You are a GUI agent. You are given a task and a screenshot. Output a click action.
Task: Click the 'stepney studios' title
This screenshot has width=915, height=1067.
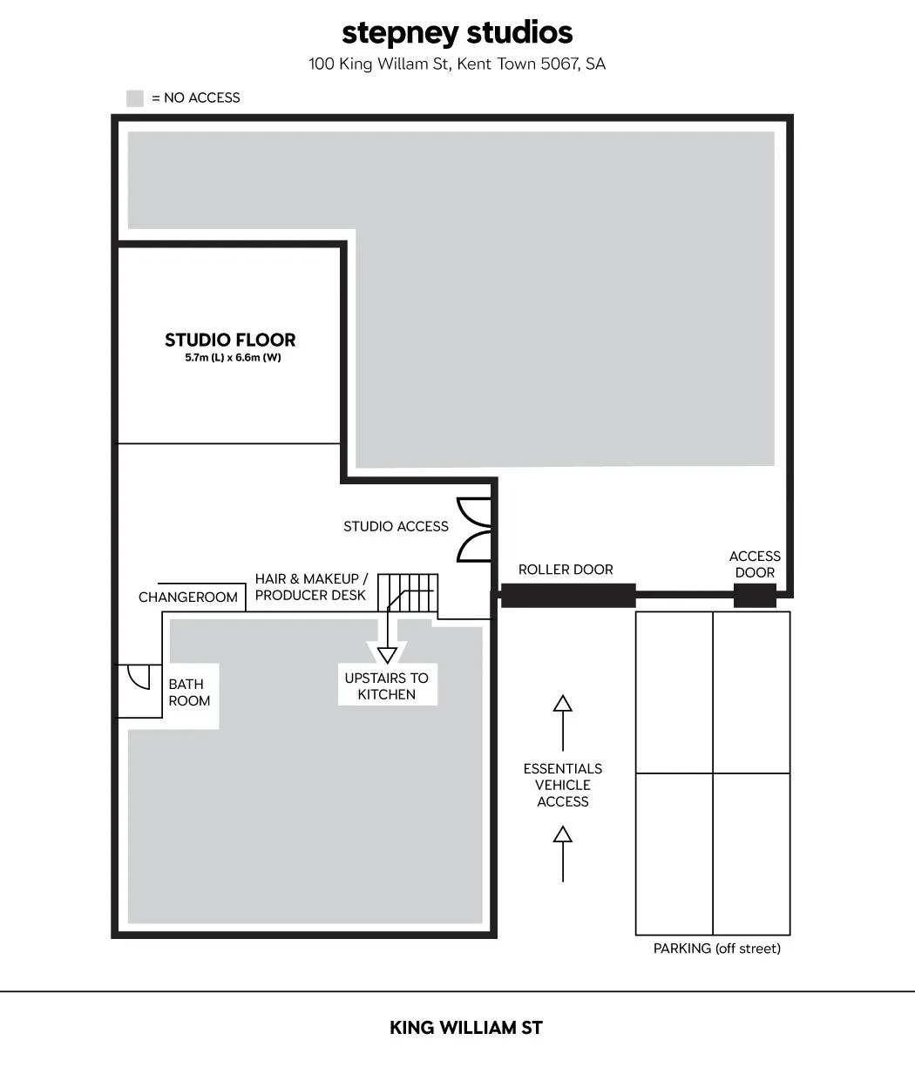457,34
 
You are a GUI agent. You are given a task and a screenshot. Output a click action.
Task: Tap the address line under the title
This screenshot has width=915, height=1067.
457,64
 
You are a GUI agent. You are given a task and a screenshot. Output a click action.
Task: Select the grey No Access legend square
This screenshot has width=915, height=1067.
135,98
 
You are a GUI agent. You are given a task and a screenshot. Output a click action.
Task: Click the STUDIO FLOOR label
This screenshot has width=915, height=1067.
230,340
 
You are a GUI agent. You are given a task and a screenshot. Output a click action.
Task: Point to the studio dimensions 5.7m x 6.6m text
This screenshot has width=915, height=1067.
233,357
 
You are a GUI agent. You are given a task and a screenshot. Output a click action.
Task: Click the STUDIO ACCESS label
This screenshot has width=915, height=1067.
396,526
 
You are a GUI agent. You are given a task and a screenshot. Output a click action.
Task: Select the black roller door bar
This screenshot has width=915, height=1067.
568,595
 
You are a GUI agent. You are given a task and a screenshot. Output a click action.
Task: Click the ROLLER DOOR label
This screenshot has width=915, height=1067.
566,570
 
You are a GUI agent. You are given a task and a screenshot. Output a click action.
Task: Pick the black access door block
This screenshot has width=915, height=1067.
755,595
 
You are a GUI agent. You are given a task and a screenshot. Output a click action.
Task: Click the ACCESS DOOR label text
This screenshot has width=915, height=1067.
755,564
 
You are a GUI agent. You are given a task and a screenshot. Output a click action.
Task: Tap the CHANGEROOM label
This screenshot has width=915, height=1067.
188,598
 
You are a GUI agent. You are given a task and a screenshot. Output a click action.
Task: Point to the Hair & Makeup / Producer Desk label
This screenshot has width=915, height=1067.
311,587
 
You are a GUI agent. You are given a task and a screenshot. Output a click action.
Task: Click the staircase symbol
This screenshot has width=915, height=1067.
408,592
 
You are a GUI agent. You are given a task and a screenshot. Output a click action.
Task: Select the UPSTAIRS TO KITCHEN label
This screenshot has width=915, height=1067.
387,686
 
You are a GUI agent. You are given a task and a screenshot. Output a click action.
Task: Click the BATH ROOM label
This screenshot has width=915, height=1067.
189,692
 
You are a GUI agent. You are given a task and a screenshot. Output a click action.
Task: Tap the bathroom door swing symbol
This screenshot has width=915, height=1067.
139,677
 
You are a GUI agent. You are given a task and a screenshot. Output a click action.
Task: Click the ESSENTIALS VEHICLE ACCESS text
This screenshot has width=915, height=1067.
563,785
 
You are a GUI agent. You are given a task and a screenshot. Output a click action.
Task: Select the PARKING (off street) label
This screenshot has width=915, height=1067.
717,949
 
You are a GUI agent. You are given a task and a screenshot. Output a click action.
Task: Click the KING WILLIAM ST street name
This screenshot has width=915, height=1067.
466,1027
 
